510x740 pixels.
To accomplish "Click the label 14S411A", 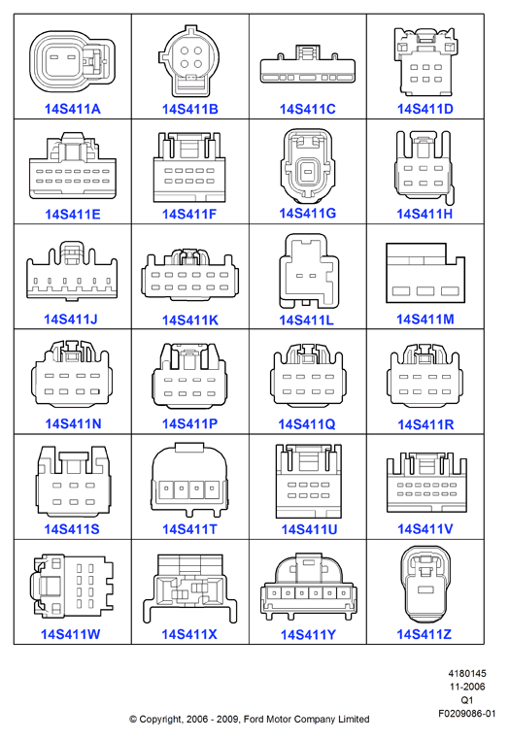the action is (72, 109).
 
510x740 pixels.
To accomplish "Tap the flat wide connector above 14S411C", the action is (308, 65).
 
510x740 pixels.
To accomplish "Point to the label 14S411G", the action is (307, 214).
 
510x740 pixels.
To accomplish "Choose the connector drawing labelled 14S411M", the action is (425, 273).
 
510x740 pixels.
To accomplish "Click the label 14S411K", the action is (189, 320).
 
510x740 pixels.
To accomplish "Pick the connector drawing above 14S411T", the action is (189, 480).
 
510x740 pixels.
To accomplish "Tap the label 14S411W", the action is (70, 634).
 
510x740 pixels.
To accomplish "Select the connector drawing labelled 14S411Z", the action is (425, 586).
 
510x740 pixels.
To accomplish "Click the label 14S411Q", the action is (307, 424).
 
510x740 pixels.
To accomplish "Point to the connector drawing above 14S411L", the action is (309, 271).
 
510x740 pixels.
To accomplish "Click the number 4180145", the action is (467, 673).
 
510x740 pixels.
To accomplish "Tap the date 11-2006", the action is (467, 687).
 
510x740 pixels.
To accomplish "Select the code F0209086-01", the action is (467, 713).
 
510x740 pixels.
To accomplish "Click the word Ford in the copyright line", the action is (254, 720).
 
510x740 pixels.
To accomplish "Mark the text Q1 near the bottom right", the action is (467, 700).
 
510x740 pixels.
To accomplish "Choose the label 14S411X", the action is (189, 635).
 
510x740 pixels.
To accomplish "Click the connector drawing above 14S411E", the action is (73, 165).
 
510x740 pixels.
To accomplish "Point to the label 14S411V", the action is (425, 529).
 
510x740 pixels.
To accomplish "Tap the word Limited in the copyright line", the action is (354, 720).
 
